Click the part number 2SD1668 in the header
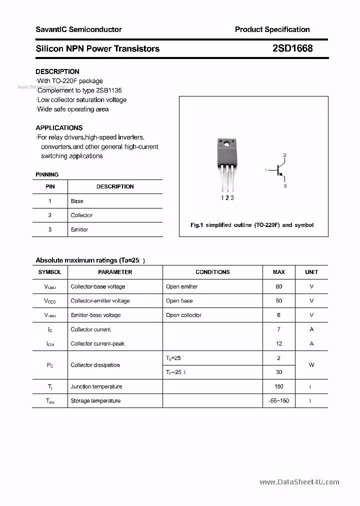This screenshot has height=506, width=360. (292, 48)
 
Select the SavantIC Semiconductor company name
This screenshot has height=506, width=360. (78, 29)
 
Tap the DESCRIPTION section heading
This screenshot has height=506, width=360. (57, 71)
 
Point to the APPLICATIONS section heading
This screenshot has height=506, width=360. (59, 127)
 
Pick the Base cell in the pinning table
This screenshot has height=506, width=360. (77, 201)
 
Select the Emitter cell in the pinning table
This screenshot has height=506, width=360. (79, 229)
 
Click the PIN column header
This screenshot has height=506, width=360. (50, 186)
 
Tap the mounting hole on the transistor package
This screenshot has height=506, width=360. (226, 145)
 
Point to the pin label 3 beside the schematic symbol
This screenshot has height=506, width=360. (285, 186)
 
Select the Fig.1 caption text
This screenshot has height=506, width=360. (252, 225)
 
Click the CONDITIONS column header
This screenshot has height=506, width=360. (212, 272)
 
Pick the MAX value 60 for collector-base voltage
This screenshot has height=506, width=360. (278, 286)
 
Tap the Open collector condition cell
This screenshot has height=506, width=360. (183, 315)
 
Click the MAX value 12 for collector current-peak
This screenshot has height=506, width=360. (278, 343)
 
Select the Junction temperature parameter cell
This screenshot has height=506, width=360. (96, 386)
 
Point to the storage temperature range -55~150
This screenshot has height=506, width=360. (278, 400)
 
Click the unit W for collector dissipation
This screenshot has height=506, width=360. (311, 365)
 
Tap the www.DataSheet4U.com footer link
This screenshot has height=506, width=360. (299, 482)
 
